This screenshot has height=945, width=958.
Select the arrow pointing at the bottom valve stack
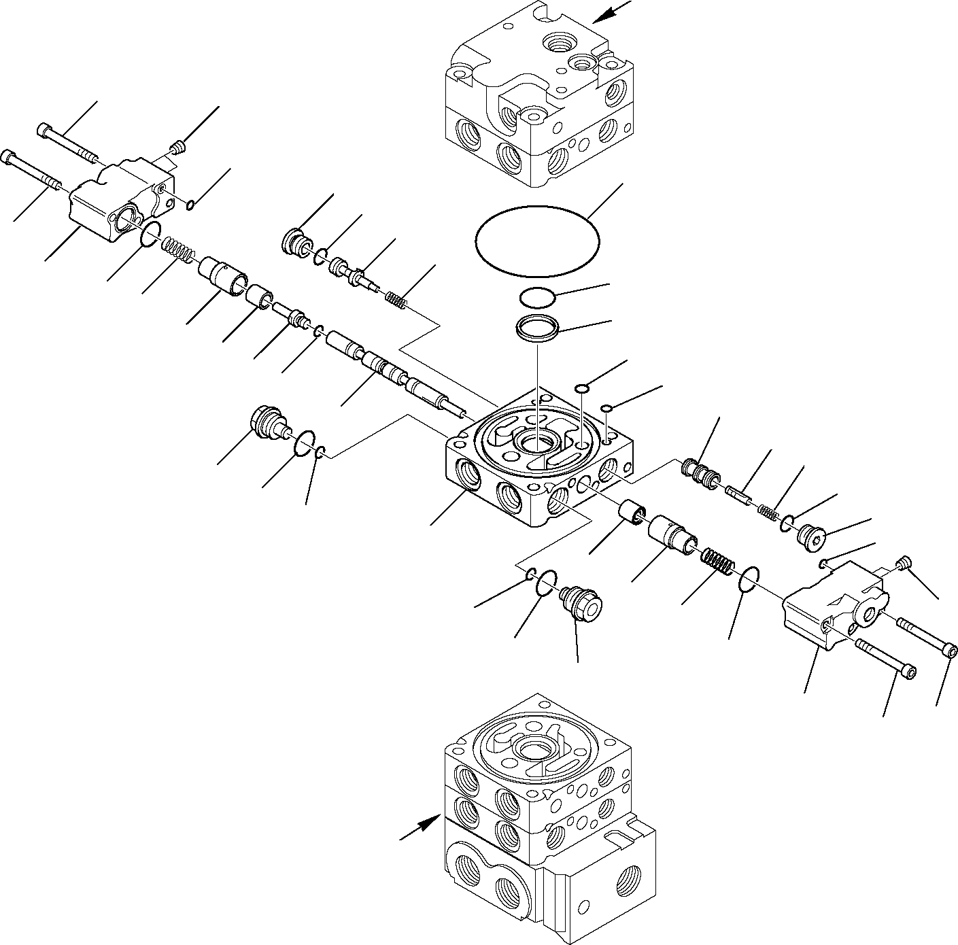pyautogui.click(x=418, y=829)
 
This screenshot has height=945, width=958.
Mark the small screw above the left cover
pyautogui.click(x=179, y=146)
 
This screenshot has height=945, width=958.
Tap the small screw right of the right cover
pyautogui.click(x=904, y=563)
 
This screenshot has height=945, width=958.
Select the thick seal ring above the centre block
pyautogui.click(x=536, y=330)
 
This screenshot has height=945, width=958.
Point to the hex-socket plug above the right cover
pyautogui.click(x=810, y=534)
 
